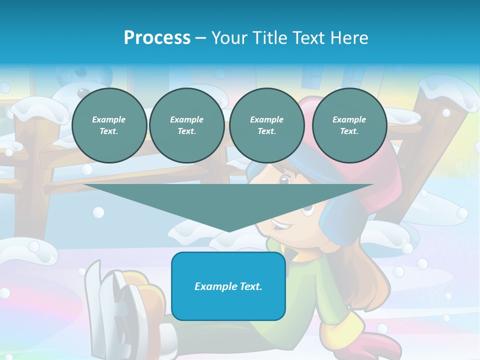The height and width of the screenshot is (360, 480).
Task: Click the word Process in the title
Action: tap(157, 38)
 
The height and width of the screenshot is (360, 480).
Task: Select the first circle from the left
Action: tap(109, 125)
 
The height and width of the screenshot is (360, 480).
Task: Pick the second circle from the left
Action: tap(187, 125)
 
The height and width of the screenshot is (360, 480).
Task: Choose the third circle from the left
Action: tap(267, 125)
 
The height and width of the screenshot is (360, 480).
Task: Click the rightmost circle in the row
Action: tap(349, 125)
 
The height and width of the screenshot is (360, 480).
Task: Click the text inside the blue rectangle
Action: tap(228, 286)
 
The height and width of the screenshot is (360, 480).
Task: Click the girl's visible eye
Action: tap(284, 180)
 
